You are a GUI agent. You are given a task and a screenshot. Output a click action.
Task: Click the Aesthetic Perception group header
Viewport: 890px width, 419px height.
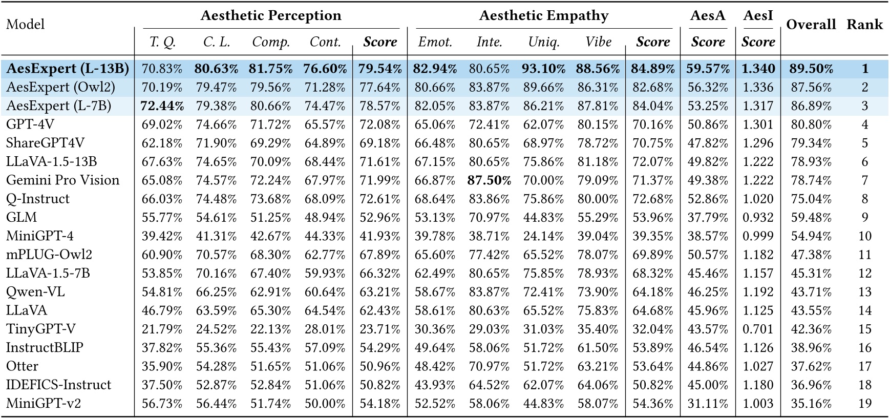(x=271, y=16)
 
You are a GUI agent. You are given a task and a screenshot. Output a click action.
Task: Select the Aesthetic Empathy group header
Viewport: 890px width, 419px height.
(x=544, y=16)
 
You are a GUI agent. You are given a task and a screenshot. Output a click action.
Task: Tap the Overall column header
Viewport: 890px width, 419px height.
(x=811, y=25)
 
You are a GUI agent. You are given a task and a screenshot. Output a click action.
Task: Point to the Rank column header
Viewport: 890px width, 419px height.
(x=865, y=25)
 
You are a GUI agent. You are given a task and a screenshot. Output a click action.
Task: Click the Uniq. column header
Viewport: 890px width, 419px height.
(x=544, y=42)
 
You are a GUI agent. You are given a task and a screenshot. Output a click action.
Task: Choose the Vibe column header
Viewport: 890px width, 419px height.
(x=598, y=42)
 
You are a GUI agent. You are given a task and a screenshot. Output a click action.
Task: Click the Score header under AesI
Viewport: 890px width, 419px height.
(x=758, y=42)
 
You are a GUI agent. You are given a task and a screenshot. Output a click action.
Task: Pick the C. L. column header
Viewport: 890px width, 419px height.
(x=217, y=42)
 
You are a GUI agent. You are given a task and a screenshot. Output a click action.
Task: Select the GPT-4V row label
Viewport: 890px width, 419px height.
(x=30, y=124)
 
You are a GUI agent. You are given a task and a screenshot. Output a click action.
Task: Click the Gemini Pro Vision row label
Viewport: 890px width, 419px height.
(x=62, y=180)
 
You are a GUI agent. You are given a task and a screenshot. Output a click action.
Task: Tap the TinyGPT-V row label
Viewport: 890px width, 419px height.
(x=41, y=329)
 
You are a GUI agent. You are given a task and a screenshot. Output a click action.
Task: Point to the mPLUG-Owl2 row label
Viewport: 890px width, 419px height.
(x=49, y=255)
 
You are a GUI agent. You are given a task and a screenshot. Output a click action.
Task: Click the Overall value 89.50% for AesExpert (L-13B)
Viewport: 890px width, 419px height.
(x=811, y=69)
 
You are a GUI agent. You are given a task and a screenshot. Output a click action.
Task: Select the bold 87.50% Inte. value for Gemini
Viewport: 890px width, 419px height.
(x=490, y=180)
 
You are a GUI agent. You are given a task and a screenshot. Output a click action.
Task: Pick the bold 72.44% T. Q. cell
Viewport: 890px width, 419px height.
(x=162, y=106)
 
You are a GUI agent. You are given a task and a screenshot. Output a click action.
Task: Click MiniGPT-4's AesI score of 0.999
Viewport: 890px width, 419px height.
(x=758, y=236)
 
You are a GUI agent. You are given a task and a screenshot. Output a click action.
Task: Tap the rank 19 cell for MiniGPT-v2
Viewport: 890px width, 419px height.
(x=865, y=404)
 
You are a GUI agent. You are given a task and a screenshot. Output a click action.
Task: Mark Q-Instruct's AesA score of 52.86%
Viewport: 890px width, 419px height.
(x=708, y=199)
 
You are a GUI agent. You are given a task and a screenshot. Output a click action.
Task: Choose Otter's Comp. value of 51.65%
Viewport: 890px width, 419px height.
(x=271, y=366)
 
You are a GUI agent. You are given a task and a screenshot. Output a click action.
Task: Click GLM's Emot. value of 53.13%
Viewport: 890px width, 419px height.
(x=435, y=217)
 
